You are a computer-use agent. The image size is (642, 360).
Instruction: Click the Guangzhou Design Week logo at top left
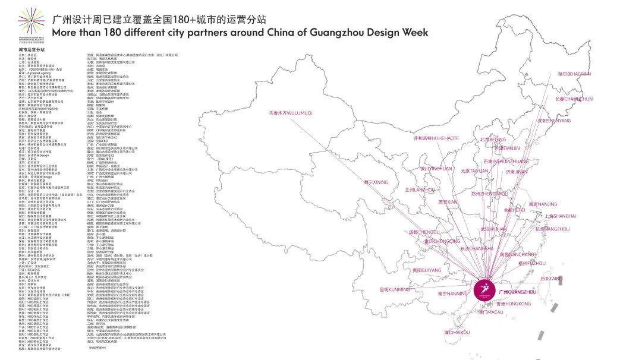pyautogui.click(x=32, y=24)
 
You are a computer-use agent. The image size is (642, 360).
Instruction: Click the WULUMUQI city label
pyautogui.click(x=291, y=112)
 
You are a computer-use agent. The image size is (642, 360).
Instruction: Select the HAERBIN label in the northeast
pyautogui.click(x=574, y=74)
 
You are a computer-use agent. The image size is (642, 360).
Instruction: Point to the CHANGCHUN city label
pyautogui.click(x=574, y=99)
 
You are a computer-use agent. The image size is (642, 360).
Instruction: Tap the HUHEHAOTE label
pyautogui.click(x=436, y=138)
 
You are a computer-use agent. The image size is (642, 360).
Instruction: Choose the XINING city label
pyautogui.click(x=376, y=182)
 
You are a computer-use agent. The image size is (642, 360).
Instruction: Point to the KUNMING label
pyautogui.click(x=395, y=290)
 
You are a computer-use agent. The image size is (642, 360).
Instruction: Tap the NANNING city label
pyautogui.click(x=453, y=293)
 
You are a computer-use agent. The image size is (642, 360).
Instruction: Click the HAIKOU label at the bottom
pyautogui.click(x=457, y=333)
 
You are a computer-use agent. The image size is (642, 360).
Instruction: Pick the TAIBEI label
pyautogui.click(x=551, y=278)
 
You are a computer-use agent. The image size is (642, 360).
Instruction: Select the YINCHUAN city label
pyautogui.click(x=436, y=168)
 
